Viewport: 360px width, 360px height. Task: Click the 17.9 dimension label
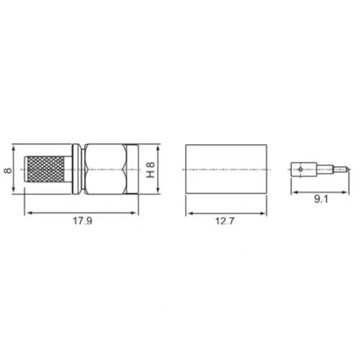point(82,220)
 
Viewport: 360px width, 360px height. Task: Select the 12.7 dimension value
point(225,221)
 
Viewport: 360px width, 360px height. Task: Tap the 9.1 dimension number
point(321,199)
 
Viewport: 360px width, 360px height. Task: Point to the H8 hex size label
point(150,170)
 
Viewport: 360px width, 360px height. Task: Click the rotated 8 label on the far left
point(8,171)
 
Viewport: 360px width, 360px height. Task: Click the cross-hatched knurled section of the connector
point(45,169)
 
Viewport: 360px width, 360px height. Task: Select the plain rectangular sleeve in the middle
point(226,168)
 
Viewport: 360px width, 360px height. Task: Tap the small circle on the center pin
point(300,169)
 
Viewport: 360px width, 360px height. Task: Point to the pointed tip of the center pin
point(350,169)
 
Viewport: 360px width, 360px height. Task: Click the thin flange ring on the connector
point(76,169)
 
